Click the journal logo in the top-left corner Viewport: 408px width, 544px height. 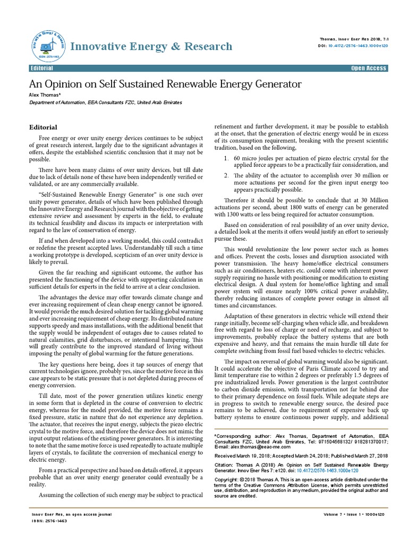pos(45,47)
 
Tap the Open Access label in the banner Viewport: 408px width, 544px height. pos(369,69)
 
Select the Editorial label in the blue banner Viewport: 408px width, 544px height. pos(42,69)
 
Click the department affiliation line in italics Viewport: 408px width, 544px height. pos(105,102)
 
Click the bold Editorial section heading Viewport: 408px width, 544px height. pos(42,127)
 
